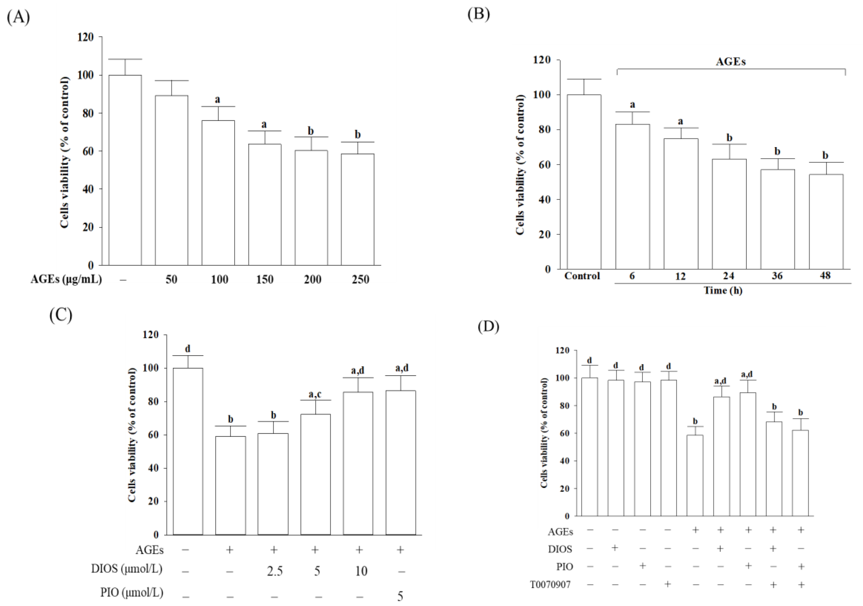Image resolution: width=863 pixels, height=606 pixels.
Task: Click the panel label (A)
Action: (x=18, y=17)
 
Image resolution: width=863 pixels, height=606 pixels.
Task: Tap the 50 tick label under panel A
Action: (x=171, y=279)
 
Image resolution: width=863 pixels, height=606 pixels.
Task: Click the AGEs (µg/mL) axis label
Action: (x=66, y=279)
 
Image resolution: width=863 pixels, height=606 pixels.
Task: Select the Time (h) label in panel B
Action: (x=723, y=290)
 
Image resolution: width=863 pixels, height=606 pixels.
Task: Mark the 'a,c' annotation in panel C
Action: (x=315, y=394)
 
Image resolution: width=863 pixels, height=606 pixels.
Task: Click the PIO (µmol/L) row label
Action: (x=132, y=592)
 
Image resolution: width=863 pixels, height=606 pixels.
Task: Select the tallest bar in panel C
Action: (x=188, y=451)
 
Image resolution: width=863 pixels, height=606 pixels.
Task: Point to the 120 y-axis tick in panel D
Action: (x=562, y=351)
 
